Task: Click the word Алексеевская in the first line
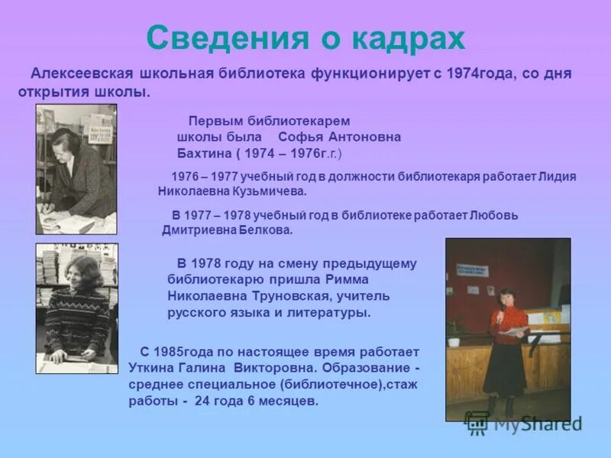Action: [x=80, y=74]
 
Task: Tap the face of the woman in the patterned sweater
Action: [x=83, y=274]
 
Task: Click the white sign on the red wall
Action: [x=473, y=271]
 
